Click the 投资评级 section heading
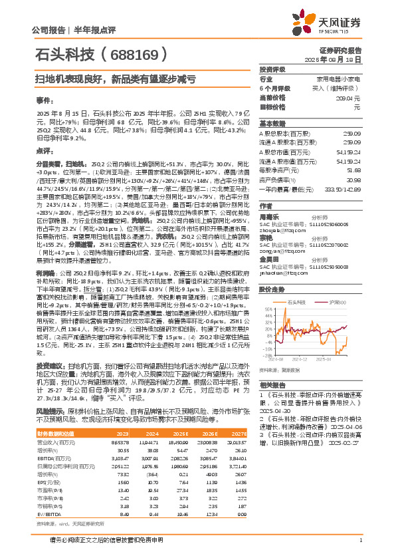point(272,69)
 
